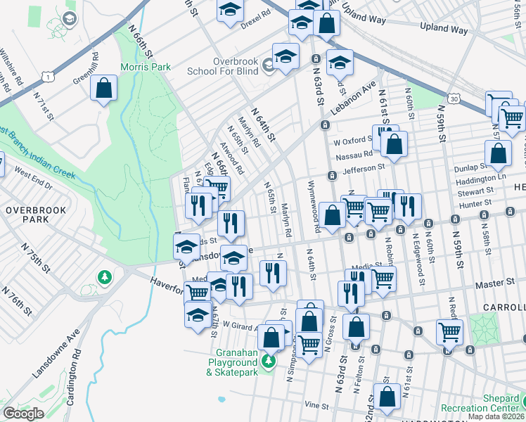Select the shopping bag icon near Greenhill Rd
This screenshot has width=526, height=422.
click(104, 89)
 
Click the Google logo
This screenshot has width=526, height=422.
click(23, 414)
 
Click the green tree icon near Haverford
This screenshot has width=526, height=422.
click(105, 277)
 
